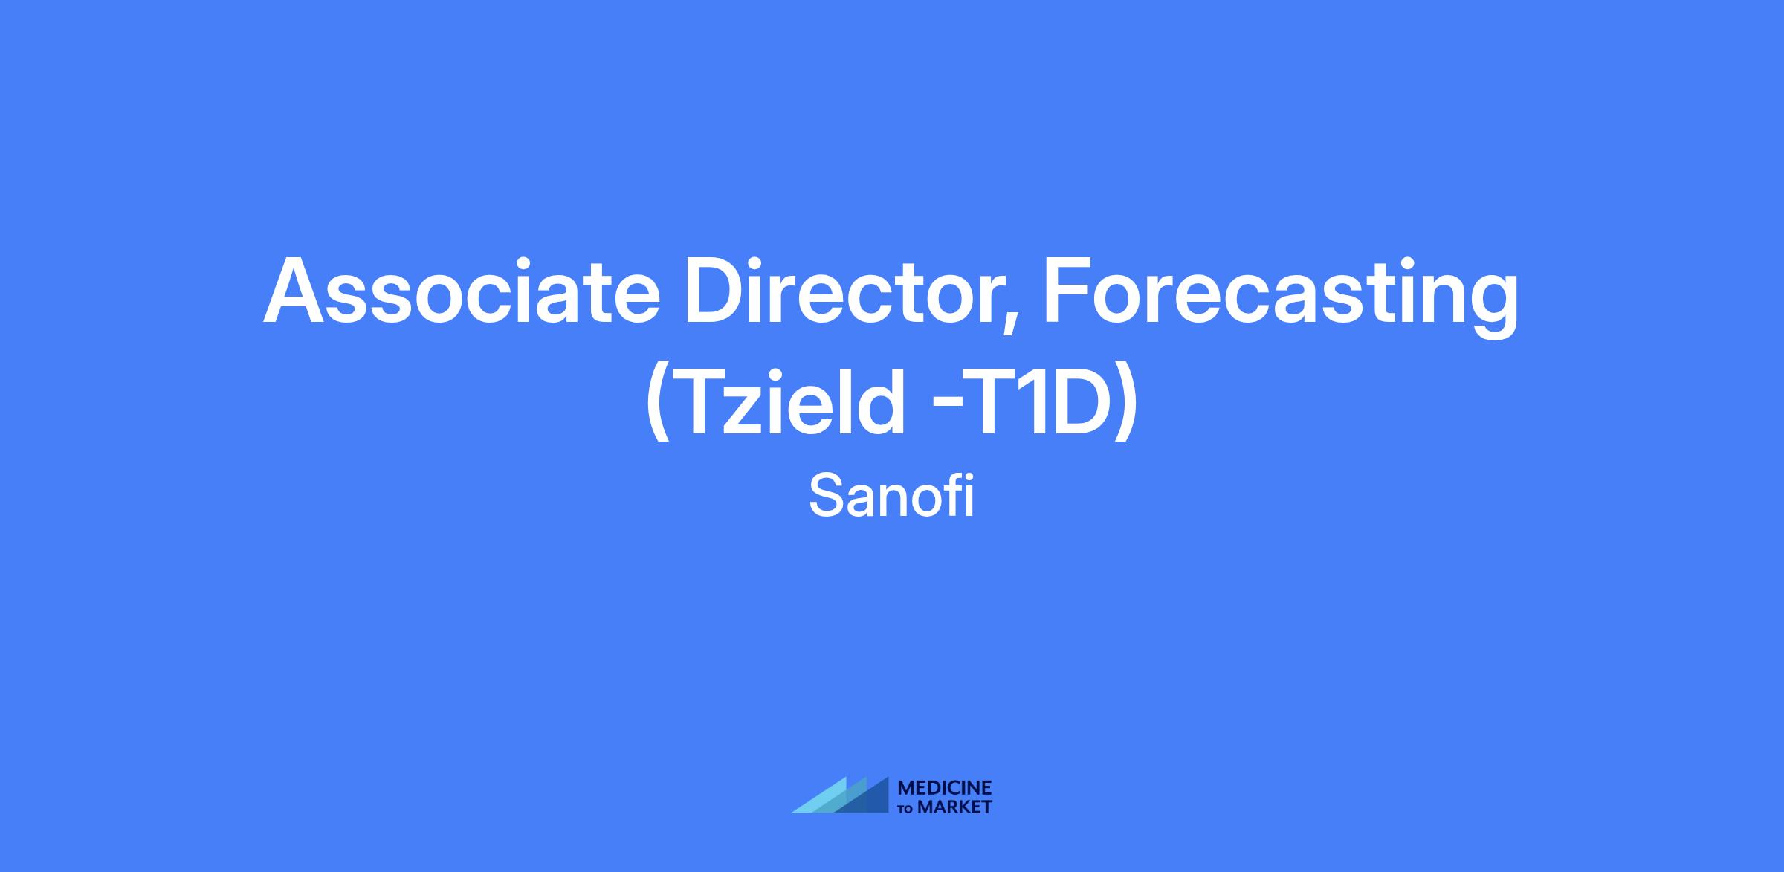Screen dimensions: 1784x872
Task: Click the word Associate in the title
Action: click(x=462, y=291)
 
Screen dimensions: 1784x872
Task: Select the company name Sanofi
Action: click(x=891, y=497)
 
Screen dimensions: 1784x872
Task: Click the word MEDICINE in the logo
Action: click(x=945, y=788)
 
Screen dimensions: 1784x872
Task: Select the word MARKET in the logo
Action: click(x=954, y=807)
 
